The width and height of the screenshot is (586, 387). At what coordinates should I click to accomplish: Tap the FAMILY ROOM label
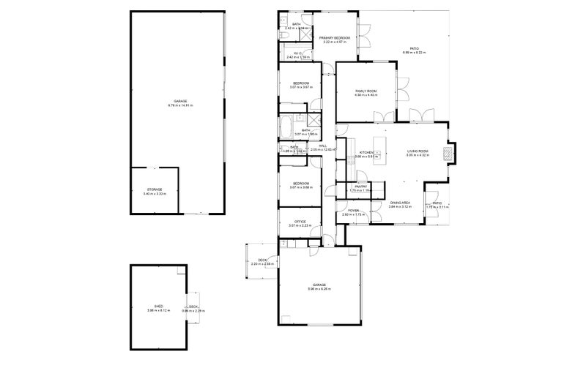[x=366, y=91]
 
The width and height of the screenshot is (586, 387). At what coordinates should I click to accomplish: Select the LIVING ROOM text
[x=418, y=151]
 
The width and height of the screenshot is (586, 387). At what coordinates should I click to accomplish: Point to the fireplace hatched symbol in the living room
[x=452, y=151]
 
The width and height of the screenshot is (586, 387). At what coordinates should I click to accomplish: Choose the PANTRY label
[x=360, y=187]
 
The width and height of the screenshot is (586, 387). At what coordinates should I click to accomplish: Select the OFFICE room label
[x=299, y=221]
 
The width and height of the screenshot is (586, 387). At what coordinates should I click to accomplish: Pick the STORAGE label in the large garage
[x=154, y=189]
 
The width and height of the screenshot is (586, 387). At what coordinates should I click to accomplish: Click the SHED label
[x=158, y=307]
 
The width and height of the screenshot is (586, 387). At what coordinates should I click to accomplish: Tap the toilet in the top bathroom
[x=283, y=34]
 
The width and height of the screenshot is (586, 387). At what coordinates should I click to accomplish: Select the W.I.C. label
[x=298, y=53]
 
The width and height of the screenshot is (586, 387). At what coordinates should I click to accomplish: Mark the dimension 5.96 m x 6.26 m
[x=319, y=289]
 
